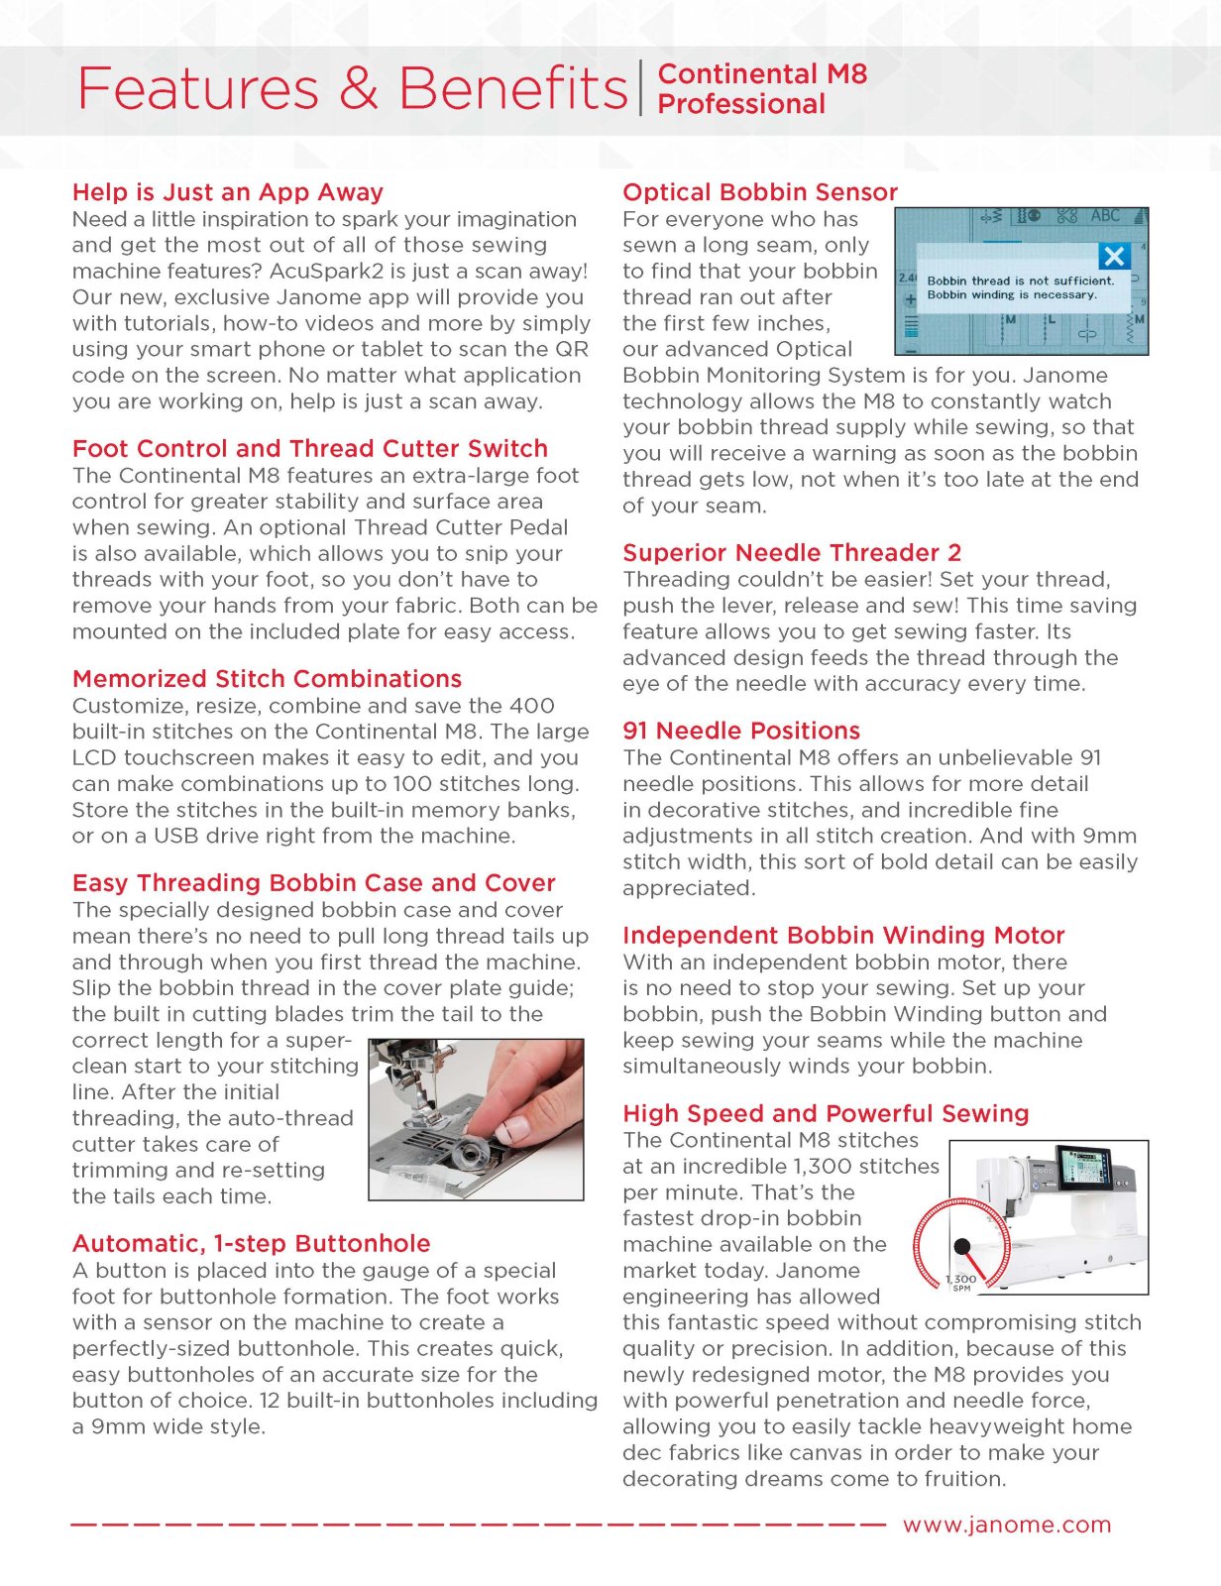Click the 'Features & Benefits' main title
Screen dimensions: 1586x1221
coord(352,88)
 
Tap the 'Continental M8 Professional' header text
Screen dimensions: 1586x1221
coord(761,88)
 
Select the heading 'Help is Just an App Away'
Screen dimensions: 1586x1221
coord(227,192)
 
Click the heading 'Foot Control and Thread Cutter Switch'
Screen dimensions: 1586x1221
coord(309,448)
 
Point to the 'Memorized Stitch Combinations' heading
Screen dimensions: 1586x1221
coord(267,679)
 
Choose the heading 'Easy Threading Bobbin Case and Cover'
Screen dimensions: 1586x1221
coord(313,883)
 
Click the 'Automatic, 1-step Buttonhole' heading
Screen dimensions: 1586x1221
coord(251,1244)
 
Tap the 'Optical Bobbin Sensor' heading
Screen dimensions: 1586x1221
coord(760,192)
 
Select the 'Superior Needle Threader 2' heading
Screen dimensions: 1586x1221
coord(792,553)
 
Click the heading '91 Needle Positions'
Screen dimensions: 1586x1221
coord(741,731)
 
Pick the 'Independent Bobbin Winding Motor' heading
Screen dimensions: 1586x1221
coord(843,936)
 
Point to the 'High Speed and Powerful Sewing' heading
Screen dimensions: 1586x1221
coord(826,1114)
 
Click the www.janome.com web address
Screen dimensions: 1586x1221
coord(1007,1525)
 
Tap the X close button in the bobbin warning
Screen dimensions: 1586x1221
coord(1114,257)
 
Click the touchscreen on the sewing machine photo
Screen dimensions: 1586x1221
coord(1085,1169)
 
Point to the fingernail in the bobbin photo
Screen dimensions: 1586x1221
coord(514,1128)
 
